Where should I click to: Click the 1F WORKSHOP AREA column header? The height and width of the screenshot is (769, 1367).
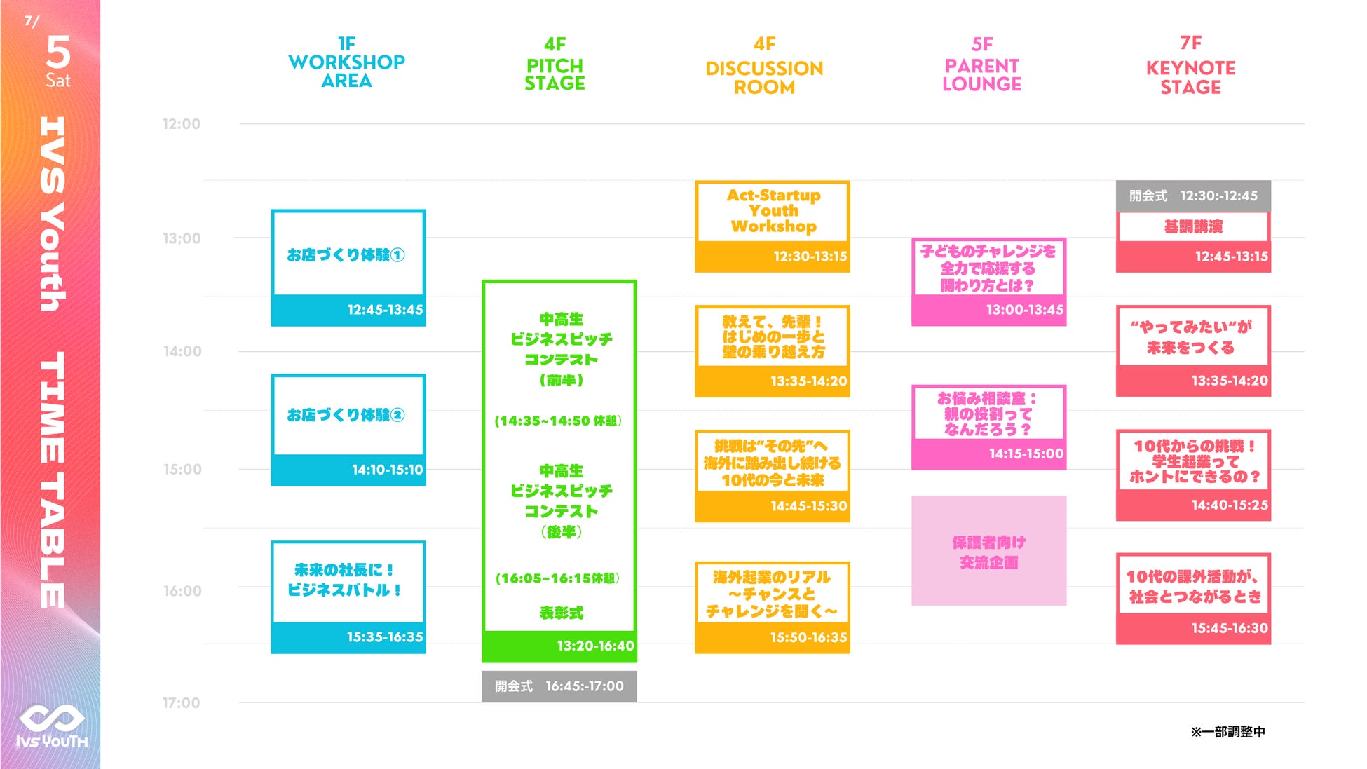pyautogui.click(x=346, y=63)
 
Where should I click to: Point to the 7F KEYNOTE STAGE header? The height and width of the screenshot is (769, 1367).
pyautogui.click(x=1190, y=67)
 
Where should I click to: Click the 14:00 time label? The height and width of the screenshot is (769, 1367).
pyautogui.click(x=182, y=351)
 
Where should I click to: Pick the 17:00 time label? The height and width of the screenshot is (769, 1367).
pyautogui.click(x=182, y=702)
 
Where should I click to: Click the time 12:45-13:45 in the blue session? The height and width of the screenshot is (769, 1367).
pyautogui.click(x=385, y=310)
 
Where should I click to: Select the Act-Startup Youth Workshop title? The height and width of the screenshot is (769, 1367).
pyautogui.click(x=773, y=211)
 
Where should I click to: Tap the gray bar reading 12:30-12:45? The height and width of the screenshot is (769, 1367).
pyautogui.click(x=1193, y=196)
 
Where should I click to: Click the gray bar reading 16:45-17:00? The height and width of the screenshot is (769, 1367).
pyautogui.click(x=559, y=686)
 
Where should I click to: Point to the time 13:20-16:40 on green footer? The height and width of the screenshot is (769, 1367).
pyautogui.click(x=595, y=646)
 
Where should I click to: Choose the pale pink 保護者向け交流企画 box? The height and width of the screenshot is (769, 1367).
pyautogui.click(x=988, y=551)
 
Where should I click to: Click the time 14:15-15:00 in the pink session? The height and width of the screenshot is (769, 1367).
pyautogui.click(x=1026, y=454)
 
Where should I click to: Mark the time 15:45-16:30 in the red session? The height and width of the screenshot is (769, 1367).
pyautogui.click(x=1230, y=629)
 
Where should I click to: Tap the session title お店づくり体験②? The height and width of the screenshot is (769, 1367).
pyautogui.click(x=346, y=415)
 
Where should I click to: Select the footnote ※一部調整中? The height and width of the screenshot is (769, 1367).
pyautogui.click(x=1227, y=732)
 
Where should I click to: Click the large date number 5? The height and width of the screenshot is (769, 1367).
pyautogui.click(x=58, y=53)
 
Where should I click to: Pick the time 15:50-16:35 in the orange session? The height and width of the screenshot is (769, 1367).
pyautogui.click(x=808, y=638)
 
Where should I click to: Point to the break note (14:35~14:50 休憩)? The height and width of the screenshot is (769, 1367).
pyautogui.click(x=558, y=421)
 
